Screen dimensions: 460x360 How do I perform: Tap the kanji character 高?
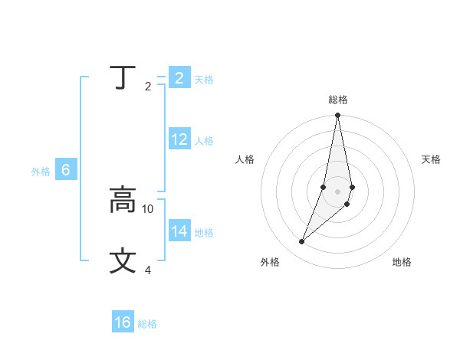point(123,201)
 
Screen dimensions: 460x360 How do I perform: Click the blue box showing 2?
point(179,78)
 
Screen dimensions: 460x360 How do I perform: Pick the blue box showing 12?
point(179,139)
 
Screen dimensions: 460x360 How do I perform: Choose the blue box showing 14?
point(179,231)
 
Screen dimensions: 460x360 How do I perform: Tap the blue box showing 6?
point(66,170)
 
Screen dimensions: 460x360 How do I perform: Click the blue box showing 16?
point(123,322)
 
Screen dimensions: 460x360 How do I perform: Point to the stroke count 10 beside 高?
point(148,208)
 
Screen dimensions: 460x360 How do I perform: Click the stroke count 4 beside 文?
point(148,270)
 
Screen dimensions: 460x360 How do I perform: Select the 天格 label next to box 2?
point(204,80)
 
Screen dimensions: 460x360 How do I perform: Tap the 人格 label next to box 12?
point(204,141)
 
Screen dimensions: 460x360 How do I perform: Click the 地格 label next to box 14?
point(204,233)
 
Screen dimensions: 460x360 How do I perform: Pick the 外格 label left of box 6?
point(41,172)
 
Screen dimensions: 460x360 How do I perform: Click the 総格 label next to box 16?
point(147,324)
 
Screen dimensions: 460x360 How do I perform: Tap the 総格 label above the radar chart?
point(337,100)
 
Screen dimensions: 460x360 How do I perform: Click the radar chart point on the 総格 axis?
point(337,116)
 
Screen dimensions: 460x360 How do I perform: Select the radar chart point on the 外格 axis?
point(301,242)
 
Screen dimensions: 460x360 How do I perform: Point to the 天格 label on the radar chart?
point(432,159)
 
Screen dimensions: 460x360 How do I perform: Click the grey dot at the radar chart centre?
point(337,191)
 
